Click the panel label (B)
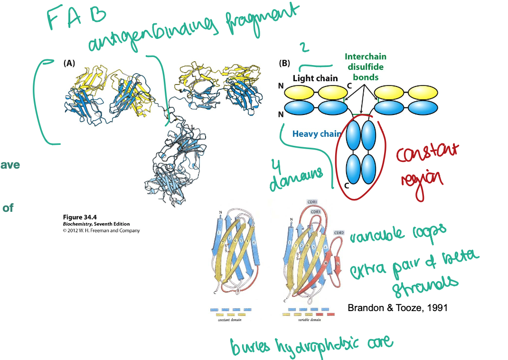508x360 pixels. [284, 63]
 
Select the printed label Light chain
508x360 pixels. [315, 78]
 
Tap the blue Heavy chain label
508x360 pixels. [317, 134]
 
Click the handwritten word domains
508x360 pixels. [300, 180]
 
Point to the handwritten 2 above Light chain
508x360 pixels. [303, 47]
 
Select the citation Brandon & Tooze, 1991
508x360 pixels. [397, 308]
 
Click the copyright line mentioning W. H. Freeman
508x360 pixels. [101, 231]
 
